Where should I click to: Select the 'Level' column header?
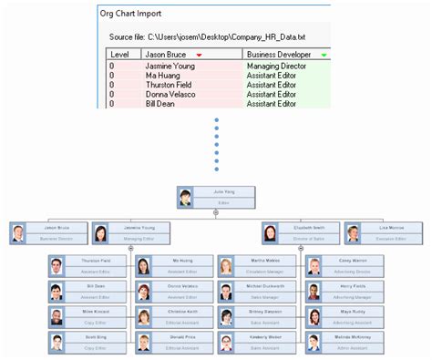(x=118, y=55)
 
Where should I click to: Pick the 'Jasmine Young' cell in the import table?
(x=170, y=67)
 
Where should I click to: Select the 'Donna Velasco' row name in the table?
(x=170, y=94)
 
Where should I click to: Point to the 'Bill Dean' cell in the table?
(x=162, y=103)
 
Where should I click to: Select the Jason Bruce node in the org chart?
(x=49, y=232)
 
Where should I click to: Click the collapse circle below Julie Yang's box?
(x=215, y=212)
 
